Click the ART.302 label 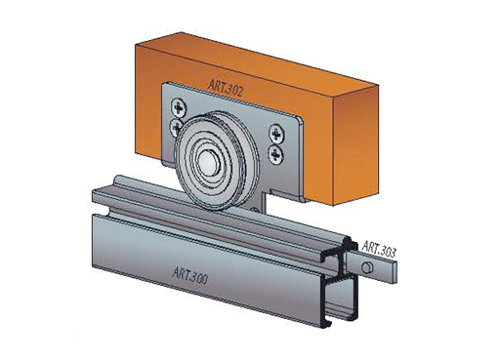(226, 88)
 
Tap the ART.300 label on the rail (189, 275)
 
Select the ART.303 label (379, 249)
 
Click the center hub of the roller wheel (206, 160)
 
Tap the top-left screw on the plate (179, 107)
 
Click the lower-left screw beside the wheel (176, 126)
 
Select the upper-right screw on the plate (276, 134)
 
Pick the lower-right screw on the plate (275, 154)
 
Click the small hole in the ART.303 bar (366, 267)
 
